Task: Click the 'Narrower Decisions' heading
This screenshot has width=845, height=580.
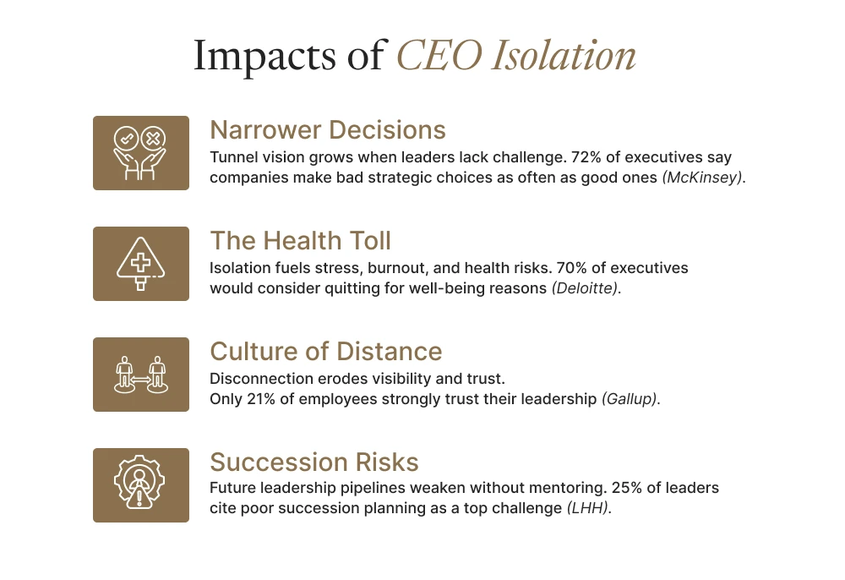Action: (x=328, y=130)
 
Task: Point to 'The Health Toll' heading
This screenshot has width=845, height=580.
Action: (x=300, y=241)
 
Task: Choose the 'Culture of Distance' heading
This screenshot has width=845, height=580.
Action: (x=326, y=352)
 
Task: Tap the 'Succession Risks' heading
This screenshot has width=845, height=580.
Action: (x=314, y=462)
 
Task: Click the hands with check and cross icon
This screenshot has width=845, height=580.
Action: (x=141, y=153)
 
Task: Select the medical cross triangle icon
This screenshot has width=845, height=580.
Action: (x=141, y=264)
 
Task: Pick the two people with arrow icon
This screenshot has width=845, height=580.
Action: (x=141, y=375)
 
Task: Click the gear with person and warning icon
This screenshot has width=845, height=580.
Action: (x=141, y=485)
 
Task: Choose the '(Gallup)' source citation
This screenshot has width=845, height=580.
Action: (x=630, y=398)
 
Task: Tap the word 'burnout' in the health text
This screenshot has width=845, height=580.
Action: (x=402, y=268)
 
